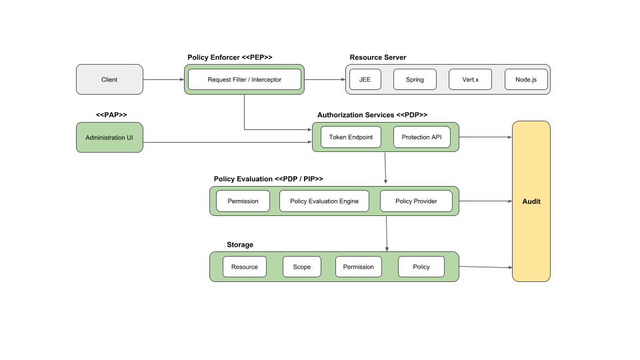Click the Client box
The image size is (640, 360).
(x=109, y=79)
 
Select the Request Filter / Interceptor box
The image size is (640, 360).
(x=244, y=79)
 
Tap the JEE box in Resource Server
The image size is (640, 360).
(x=365, y=79)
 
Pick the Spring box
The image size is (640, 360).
(x=415, y=79)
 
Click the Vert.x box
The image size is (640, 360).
(x=470, y=79)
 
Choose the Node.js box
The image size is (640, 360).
(x=526, y=79)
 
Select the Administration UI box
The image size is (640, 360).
(x=109, y=137)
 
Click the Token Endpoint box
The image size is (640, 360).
(x=351, y=137)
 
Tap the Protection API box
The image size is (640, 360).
(x=421, y=137)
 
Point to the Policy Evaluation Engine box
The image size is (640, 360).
(x=324, y=201)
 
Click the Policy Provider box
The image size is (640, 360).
(x=416, y=201)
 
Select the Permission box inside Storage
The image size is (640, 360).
(x=358, y=267)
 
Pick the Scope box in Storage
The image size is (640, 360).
(x=301, y=267)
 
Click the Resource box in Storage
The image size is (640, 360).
(x=245, y=267)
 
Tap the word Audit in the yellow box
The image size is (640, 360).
(x=531, y=201)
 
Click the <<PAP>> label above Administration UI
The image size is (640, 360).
(x=111, y=115)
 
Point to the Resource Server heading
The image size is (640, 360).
(x=377, y=57)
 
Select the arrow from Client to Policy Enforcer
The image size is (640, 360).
(x=163, y=80)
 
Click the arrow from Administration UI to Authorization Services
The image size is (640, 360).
(x=227, y=142)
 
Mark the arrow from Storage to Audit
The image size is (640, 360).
(x=485, y=267)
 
